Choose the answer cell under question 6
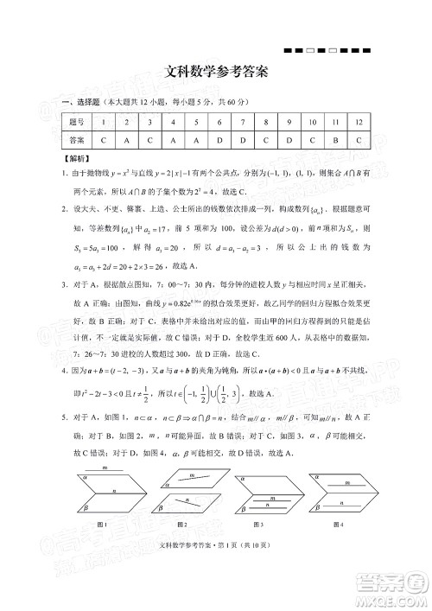click(220, 140)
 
